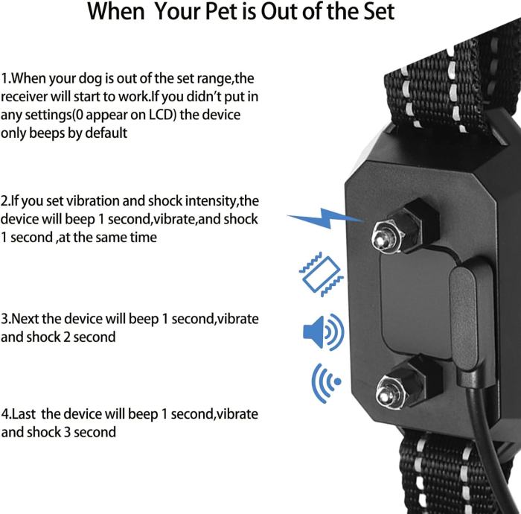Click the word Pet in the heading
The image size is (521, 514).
[226, 11]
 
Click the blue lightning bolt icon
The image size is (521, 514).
[326, 218]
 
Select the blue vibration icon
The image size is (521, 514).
[322, 274]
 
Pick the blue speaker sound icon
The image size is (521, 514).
[324, 331]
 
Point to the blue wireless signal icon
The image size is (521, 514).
[326, 383]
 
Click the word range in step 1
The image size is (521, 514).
[214, 79]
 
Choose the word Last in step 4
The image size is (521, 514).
[23, 414]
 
